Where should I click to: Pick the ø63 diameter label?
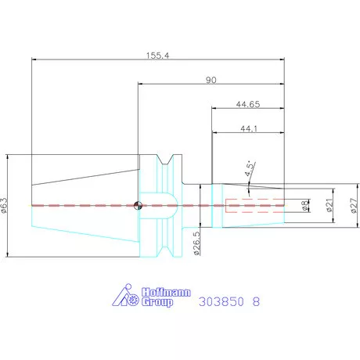coord(5,205)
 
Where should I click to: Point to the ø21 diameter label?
coord(329,206)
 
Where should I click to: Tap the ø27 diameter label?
coord(353,206)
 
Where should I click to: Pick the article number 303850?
coord(221,301)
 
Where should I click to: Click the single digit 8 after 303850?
coord(256,301)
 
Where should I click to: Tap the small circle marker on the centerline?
coord(138,206)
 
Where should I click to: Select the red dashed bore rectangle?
coord(250,206)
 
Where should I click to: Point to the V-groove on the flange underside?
coord(166,250)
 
